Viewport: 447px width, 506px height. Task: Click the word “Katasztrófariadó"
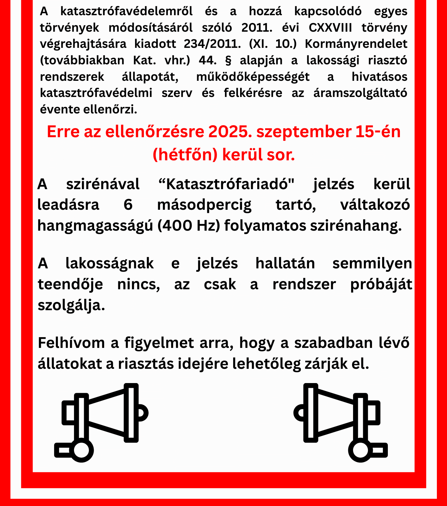[226, 184]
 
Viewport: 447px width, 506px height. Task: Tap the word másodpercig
[204, 205]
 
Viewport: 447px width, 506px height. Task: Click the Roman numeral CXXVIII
[330, 28]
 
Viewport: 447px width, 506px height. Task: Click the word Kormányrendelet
[356, 44]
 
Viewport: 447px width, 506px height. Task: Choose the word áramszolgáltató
[360, 93]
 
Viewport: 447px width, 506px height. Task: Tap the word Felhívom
[71, 343]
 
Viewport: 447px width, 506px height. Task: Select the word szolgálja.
[71, 305]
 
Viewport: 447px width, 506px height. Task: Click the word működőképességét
[253, 77]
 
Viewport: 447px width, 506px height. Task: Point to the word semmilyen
[372, 264]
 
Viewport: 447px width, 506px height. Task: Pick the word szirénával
[103, 184]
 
